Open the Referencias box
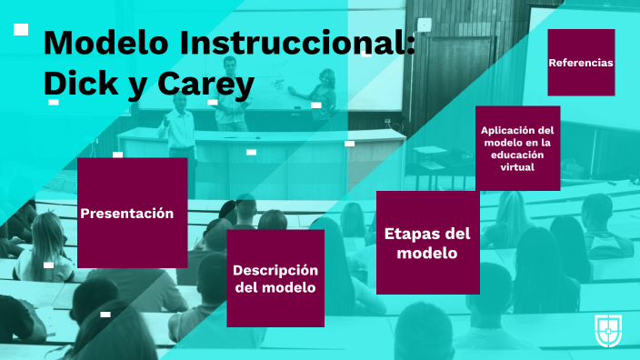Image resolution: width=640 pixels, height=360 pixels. tap(581, 63)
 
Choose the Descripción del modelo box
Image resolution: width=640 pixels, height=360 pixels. tap(275, 278)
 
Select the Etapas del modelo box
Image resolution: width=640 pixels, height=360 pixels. tap(427, 243)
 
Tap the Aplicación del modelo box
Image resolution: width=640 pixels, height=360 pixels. tap(517, 148)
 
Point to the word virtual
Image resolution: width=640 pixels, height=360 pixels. tap(517, 167)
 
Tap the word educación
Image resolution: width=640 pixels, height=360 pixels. tap(517, 155)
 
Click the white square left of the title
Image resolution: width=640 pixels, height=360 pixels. tap(21, 29)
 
